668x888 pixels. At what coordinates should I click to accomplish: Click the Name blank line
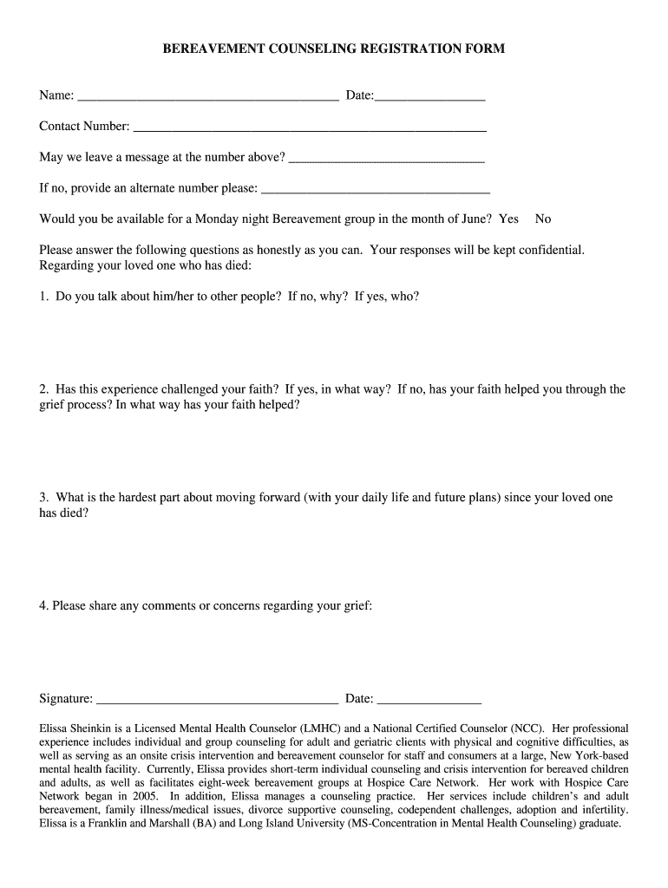[x=207, y=96]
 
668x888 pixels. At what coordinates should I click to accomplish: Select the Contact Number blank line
[x=309, y=127]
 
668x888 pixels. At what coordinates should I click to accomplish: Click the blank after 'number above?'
[x=386, y=159]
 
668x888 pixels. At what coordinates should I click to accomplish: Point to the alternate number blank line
[x=376, y=189]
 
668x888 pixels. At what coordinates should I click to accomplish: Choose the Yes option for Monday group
[x=508, y=219]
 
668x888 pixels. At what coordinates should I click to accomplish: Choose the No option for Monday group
[x=543, y=219]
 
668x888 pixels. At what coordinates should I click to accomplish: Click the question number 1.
[x=43, y=297]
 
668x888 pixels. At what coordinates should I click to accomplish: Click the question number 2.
[x=43, y=389]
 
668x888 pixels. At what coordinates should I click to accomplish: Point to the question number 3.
[x=43, y=498]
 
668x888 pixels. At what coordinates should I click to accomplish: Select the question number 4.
[x=43, y=606]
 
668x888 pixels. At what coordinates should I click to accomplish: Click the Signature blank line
[x=217, y=700]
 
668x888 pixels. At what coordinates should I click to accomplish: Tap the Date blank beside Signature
[x=429, y=700]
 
